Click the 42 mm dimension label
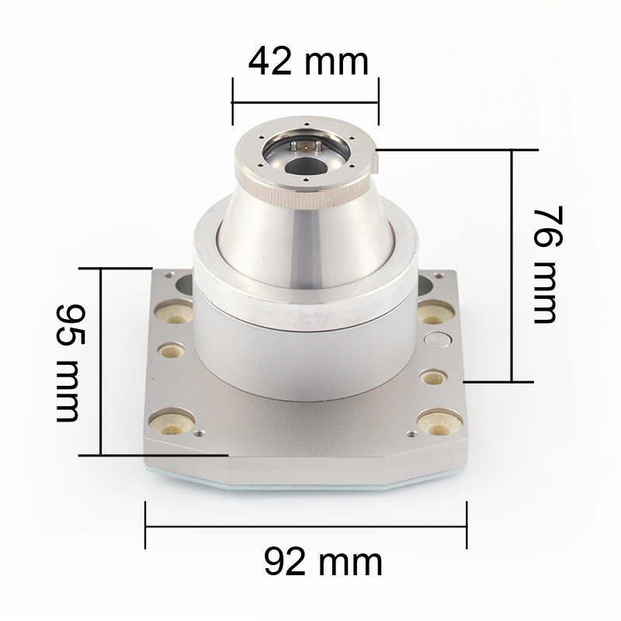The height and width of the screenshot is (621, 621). pos(308,61)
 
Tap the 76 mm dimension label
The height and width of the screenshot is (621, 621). pos(548,265)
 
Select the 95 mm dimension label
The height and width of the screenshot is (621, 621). pos(71,363)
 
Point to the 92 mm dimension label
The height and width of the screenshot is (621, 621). pos(323,561)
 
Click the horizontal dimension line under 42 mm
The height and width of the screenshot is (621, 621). pos(305,102)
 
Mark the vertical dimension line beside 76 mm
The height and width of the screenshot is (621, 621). pos(512,265)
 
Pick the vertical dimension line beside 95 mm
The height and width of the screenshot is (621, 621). pos(101,362)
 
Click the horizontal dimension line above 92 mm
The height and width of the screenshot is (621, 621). pos(306,526)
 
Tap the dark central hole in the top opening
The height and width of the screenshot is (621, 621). pos(306,166)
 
